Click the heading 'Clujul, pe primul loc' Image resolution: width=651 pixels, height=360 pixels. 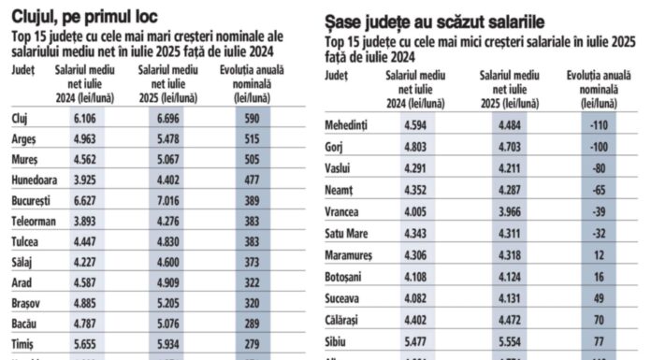(x=85, y=15)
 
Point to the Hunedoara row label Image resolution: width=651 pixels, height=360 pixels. (x=38, y=180)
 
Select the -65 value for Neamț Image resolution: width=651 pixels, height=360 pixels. (x=599, y=190)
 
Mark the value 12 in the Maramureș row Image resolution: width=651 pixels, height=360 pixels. (x=599, y=254)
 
